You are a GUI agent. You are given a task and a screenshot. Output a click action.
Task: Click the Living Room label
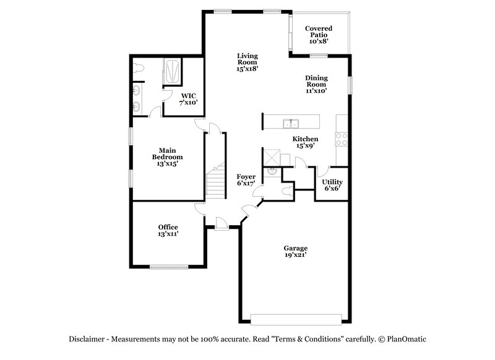[247, 62]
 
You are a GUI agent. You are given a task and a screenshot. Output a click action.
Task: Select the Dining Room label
[316, 84]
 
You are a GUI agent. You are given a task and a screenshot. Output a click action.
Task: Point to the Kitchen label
[305, 142]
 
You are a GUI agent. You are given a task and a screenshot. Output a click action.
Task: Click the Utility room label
[332, 184]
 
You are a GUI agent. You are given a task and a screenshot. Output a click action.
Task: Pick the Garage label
[295, 251]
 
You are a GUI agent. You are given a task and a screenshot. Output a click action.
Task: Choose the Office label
[168, 230]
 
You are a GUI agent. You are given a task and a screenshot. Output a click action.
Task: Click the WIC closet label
[188, 98]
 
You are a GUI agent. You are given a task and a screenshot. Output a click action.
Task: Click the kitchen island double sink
[291, 122]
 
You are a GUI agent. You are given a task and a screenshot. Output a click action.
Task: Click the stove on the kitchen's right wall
[342, 139]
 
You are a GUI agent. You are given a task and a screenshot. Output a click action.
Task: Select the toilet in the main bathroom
[139, 69]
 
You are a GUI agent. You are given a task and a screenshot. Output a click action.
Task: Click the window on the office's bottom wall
[168, 267]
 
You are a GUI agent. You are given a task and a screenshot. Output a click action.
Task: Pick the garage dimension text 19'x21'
[295, 255]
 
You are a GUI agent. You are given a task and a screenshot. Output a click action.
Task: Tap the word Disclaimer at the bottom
[87, 339]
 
